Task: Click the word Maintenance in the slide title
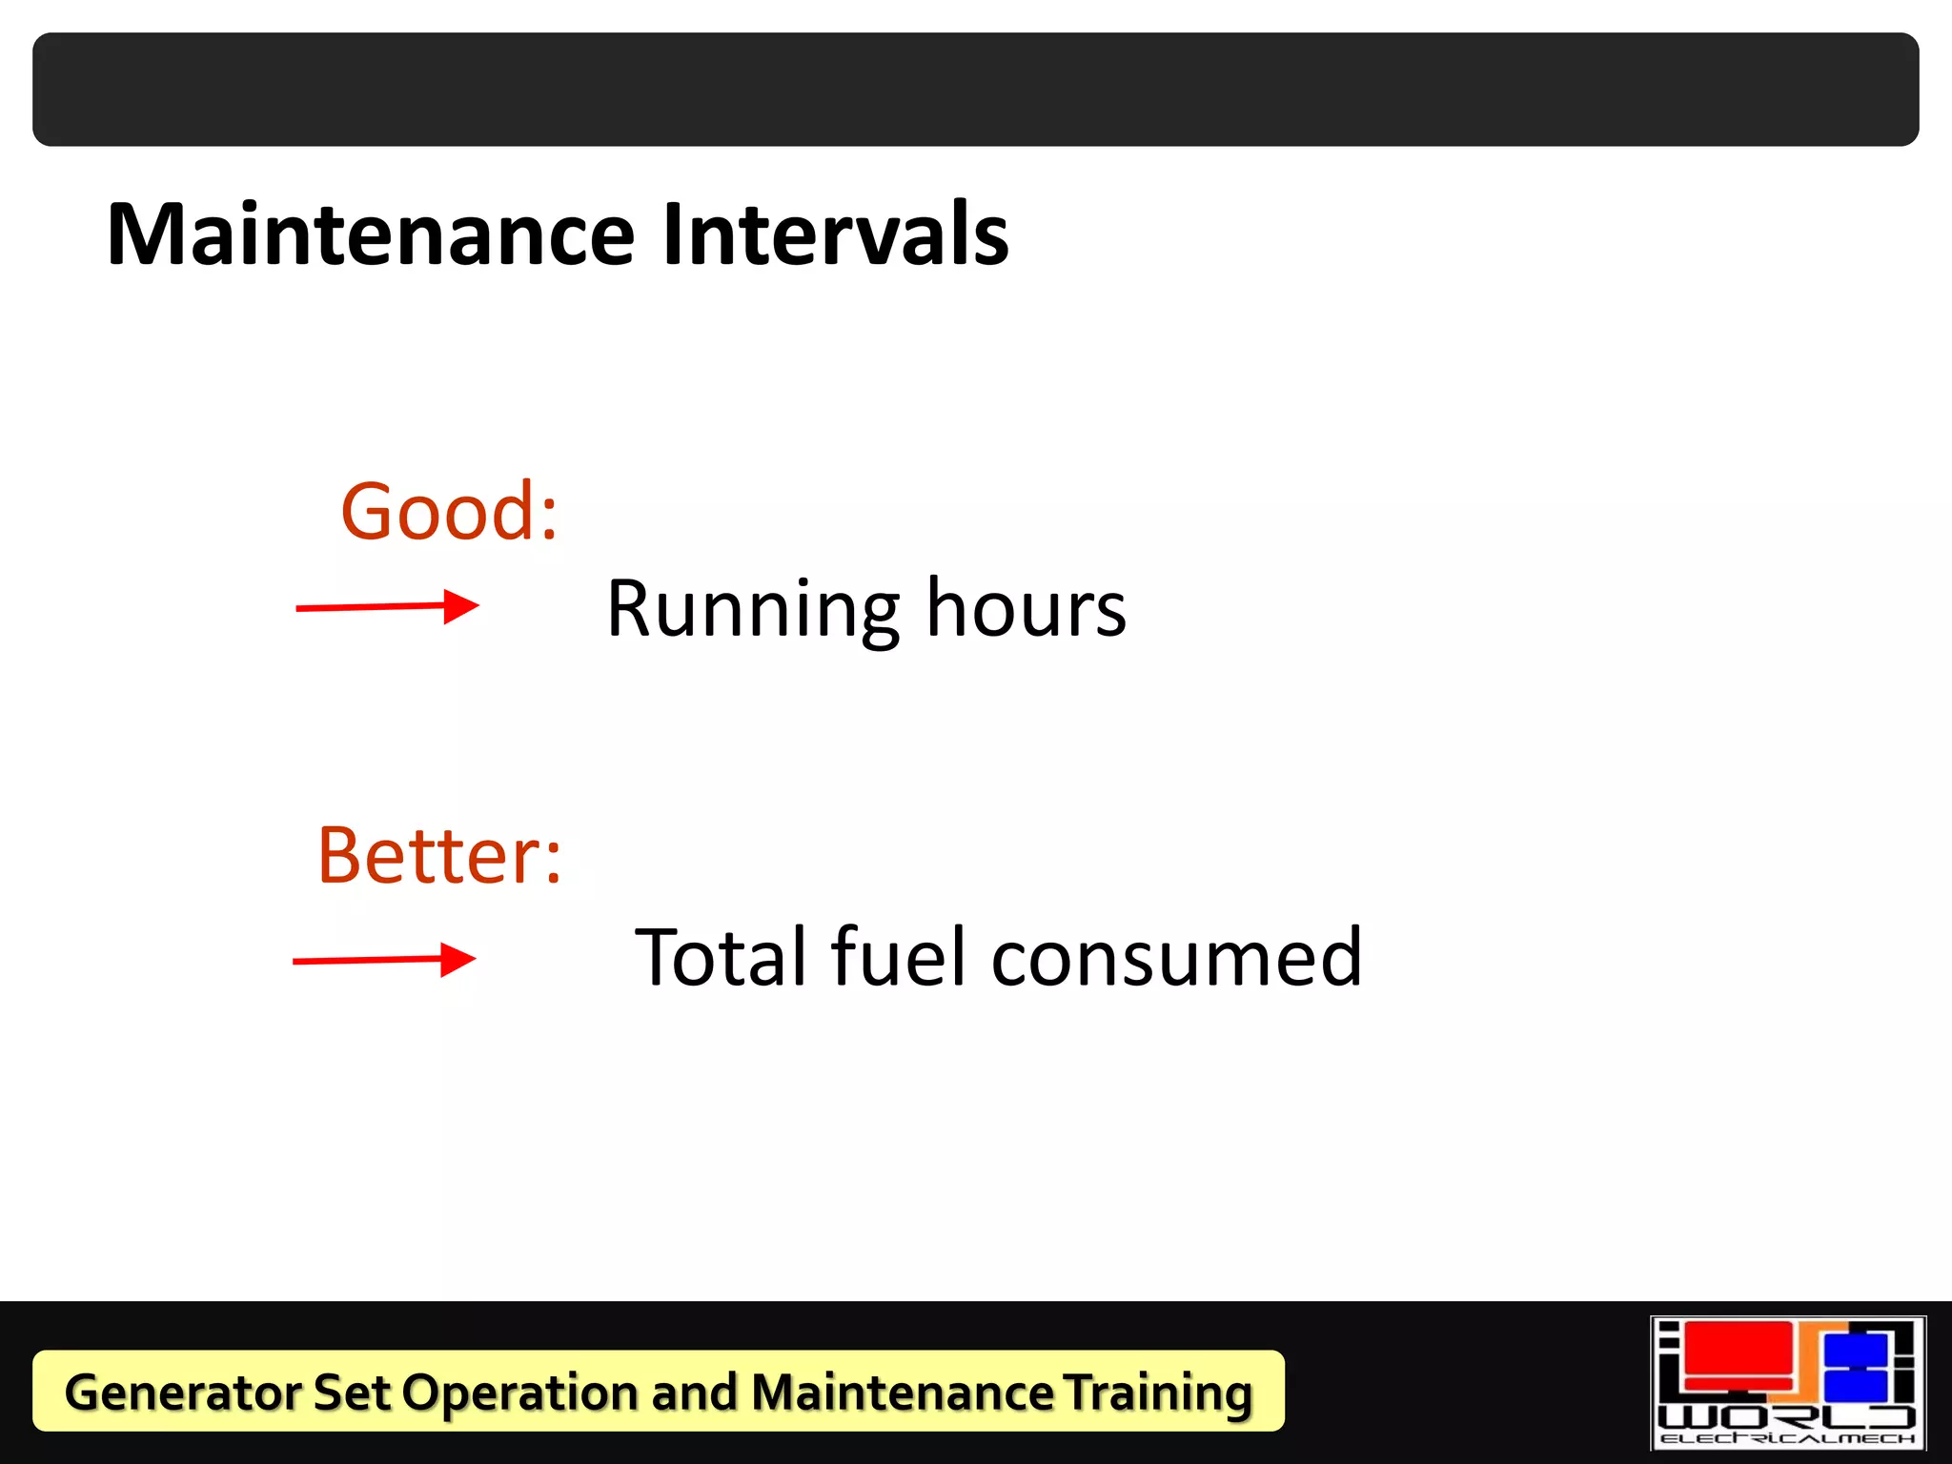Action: tap(371, 234)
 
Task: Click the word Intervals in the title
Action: tap(835, 234)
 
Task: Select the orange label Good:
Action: tap(449, 512)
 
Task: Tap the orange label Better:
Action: tap(439, 855)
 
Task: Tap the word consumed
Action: tap(1177, 958)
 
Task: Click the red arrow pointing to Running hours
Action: tap(387, 606)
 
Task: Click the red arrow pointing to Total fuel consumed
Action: tap(384, 959)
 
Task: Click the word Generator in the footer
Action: tap(181, 1393)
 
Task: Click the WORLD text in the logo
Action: tap(1787, 1415)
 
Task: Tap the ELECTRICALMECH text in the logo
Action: tap(1787, 1438)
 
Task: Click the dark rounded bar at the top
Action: tap(976, 90)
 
